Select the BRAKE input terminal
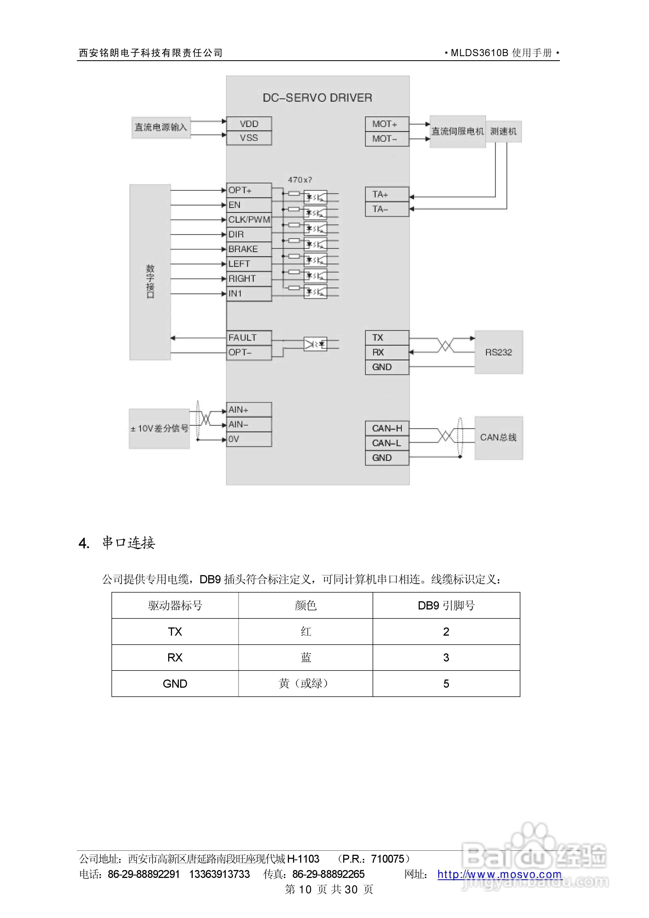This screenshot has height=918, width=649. [249, 249]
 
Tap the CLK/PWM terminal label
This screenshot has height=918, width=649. [249, 219]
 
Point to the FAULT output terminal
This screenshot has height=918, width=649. [249, 338]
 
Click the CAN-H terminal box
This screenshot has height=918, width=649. [387, 428]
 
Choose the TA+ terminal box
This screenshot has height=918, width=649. [387, 194]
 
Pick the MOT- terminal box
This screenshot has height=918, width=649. [387, 139]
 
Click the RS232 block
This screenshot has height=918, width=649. [498, 352]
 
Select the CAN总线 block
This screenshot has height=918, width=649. [498, 437]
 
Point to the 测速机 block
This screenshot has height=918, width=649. [503, 132]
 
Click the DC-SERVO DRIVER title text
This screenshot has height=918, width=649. [317, 98]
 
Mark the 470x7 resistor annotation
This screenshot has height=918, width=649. [300, 180]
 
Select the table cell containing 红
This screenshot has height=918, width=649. [306, 632]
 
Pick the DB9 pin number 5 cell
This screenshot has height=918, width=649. [446, 684]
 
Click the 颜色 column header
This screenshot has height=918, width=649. [306, 605]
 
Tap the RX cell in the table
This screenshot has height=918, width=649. [175, 658]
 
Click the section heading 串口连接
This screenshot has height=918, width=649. [128, 543]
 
